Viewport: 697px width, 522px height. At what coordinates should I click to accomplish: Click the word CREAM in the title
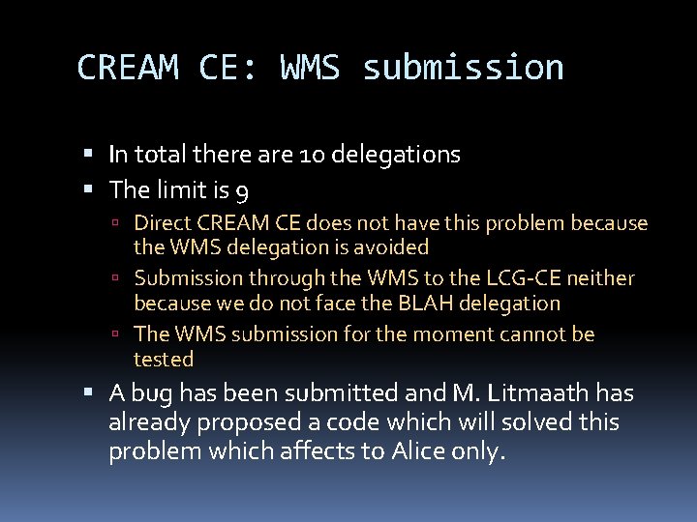pyautogui.click(x=127, y=68)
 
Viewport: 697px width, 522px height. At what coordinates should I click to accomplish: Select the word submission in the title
pyautogui.click(x=462, y=68)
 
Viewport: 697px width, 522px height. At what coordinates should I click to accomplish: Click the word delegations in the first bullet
pyautogui.click(x=395, y=154)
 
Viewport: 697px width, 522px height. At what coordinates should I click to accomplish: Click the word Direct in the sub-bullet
pyautogui.click(x=163, y=223)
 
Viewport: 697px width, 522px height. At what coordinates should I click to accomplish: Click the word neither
pyautogui.click(x=600, y=278)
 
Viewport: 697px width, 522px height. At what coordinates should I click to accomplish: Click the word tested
pyautogui.click(x=164, y=360)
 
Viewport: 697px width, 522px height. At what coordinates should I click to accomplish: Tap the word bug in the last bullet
pyautogui.click(x=147, y=393)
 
